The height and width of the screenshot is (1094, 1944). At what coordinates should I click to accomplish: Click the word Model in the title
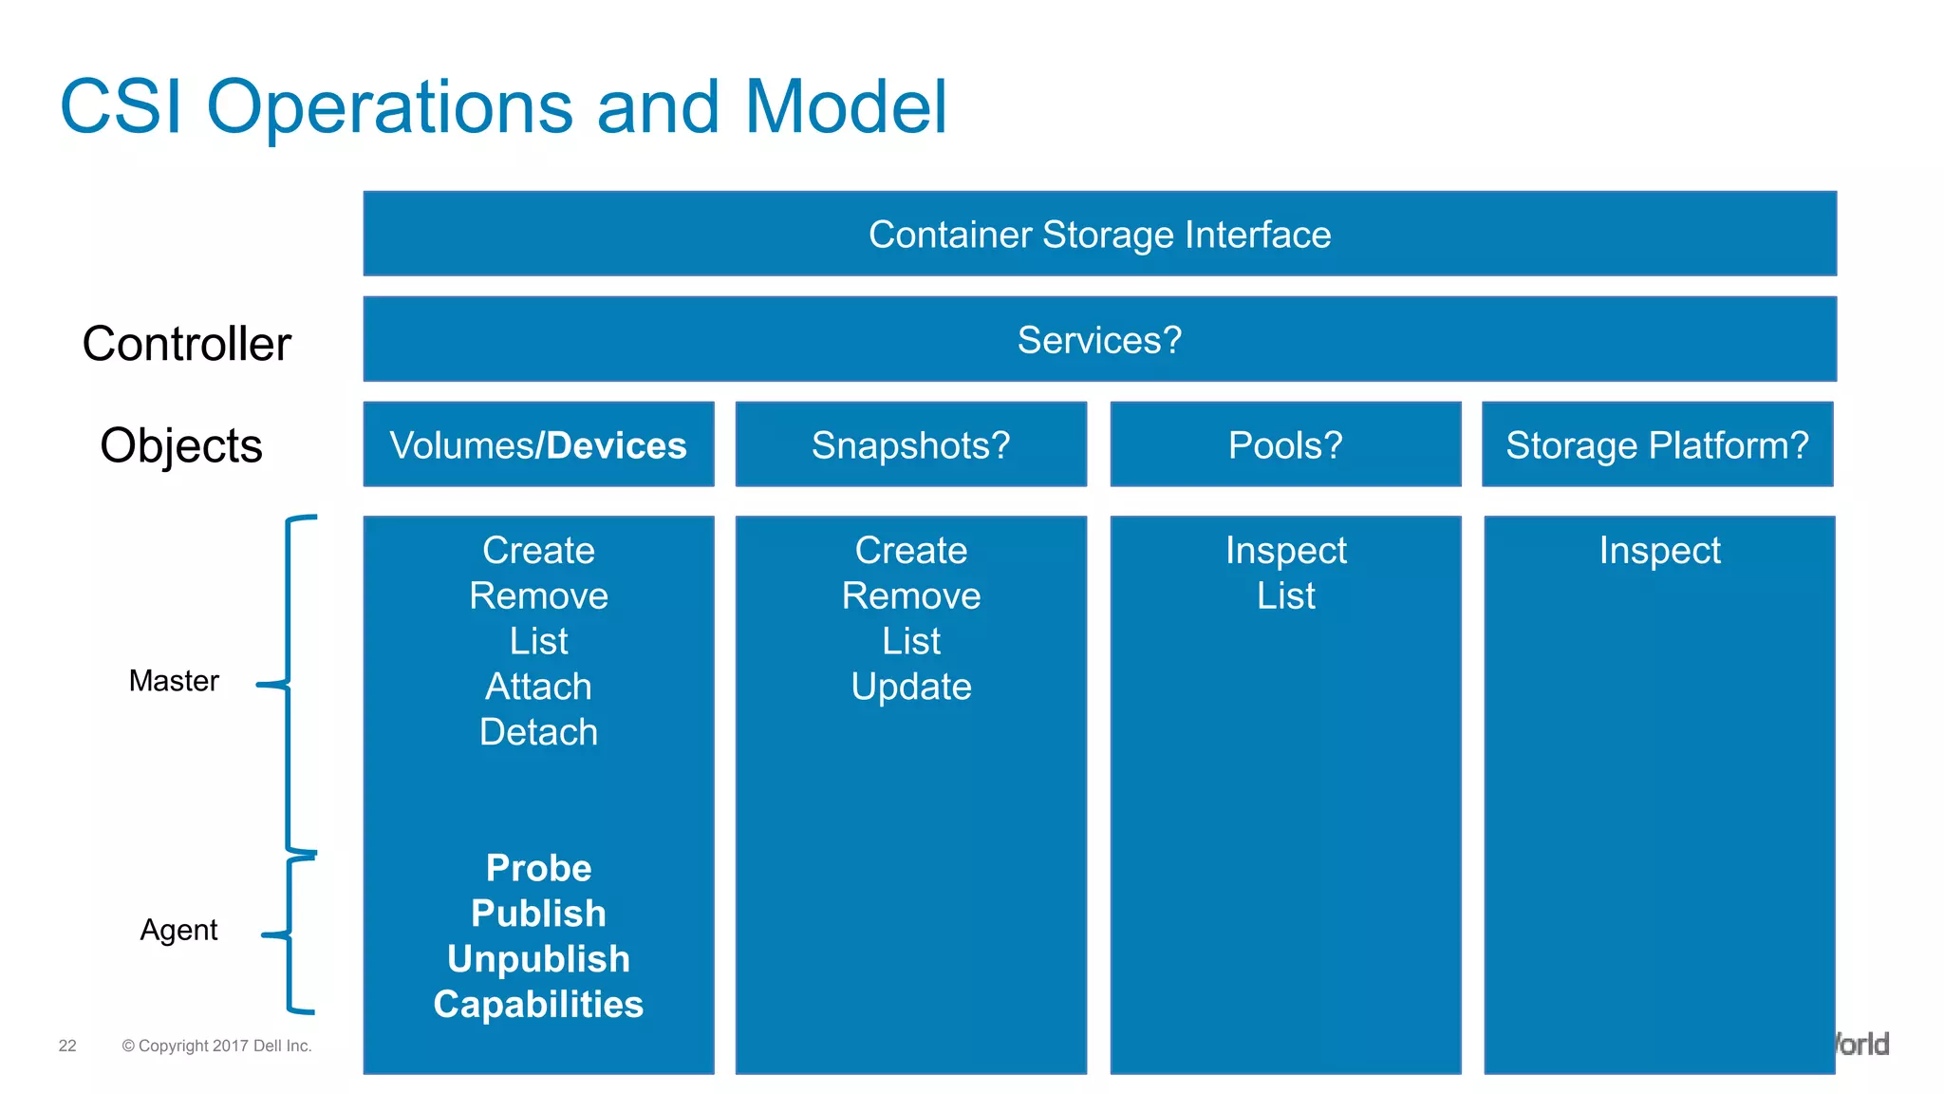click(845, 106)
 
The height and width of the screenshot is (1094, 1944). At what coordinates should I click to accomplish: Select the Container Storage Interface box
click(1099, 235)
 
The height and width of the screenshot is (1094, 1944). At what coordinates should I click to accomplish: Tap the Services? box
click(1099, 340)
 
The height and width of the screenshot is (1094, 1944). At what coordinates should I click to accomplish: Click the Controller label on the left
click(186, 344)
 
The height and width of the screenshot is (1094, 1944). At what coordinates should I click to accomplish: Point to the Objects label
click(180, 445)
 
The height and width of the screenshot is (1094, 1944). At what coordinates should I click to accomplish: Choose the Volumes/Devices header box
click(538, 445)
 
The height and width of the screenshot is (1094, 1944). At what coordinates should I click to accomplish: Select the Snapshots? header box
click(910, 445)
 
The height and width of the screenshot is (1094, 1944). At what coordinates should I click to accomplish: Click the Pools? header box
click(1285, 445)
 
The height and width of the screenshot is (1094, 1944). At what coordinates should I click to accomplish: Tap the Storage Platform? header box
click(1657, 445)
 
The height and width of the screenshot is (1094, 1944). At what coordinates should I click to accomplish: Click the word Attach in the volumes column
click(538, 687)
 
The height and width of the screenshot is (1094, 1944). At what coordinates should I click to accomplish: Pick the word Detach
click(538, 732)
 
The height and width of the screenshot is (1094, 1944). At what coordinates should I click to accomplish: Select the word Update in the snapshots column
click(911, 687)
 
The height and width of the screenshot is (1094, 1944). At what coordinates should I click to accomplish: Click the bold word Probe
click(538, 868)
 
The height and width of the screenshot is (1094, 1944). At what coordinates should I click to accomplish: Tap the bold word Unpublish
click(538, 959)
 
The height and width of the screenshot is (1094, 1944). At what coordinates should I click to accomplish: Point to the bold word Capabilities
click(538, 1005)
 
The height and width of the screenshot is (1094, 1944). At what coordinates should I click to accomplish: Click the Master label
click(174, 681)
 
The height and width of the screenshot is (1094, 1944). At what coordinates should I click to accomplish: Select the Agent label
click(178, 930)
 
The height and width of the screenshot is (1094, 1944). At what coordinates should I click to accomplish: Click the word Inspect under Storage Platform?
click(1659, 551)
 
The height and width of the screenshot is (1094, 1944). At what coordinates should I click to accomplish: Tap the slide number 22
click(67, 1046)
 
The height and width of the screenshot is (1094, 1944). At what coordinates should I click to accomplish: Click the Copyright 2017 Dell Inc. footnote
click(216, 1046)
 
